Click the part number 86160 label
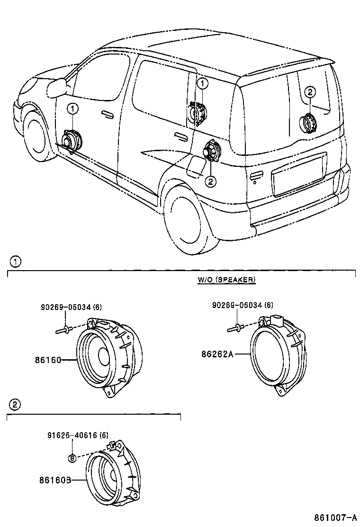(48, 360)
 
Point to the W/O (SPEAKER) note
(226, 280)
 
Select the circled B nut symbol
(72, 458)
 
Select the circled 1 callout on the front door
(72, 109)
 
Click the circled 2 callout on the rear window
(310, 92)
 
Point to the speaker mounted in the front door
(72, 140)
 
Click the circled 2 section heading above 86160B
(15, 404)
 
